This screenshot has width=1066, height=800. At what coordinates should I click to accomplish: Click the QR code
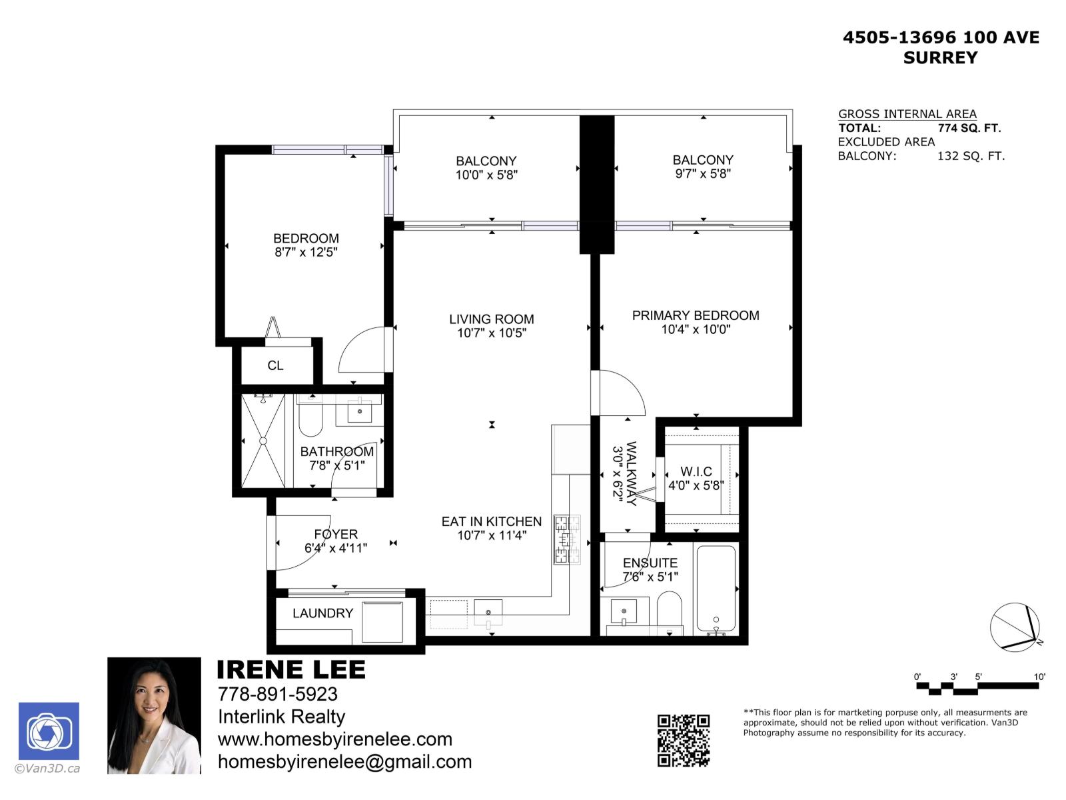(683, 740)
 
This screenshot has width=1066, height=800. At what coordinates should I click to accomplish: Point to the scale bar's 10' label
(1039, 677)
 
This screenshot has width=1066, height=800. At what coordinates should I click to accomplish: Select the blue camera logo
(49, 731)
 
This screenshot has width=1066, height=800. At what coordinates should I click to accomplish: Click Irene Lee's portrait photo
(154, 715)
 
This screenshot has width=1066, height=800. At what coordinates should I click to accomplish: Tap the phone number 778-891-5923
(278, 694)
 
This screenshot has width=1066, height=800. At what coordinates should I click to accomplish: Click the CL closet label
(275, 365)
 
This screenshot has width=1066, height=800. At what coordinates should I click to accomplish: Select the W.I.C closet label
(696, 471)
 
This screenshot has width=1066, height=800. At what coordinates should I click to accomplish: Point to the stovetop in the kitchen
(567, 539)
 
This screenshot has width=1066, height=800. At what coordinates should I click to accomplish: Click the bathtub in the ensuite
(716, 589)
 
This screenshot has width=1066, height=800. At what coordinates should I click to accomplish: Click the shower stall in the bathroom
(263, 441)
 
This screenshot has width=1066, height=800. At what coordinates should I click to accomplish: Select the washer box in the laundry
(382, 621)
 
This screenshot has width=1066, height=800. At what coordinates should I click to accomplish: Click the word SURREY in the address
(940, 58)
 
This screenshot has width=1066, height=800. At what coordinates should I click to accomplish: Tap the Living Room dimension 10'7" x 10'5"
(492, 333)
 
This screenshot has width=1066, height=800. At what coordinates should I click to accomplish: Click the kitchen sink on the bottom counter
(488, 612)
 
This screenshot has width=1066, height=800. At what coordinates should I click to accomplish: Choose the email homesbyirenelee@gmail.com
(344, 761)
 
